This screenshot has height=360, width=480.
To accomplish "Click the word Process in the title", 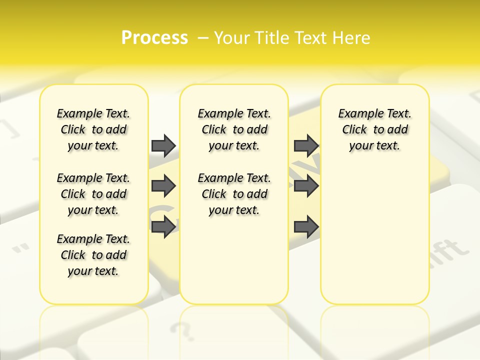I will pos(154,37).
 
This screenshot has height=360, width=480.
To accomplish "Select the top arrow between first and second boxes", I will pos(163,145).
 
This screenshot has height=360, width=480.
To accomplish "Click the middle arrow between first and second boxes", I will pos(163,186).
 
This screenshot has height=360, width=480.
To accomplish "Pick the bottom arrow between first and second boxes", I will pos(163,227).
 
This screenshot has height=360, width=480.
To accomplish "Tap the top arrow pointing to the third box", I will pos(306,145).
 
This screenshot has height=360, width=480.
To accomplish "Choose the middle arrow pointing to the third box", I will pos(306,186).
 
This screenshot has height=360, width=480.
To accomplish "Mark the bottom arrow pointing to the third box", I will pos(306,227).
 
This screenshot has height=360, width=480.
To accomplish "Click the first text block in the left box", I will pos(93,129).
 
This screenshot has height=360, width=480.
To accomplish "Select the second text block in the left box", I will pos(93,194).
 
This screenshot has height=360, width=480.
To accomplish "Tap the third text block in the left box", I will pos(93,255).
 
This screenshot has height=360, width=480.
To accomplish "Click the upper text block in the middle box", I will pos(234,129).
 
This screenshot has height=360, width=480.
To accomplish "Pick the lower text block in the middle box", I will pos(234,194).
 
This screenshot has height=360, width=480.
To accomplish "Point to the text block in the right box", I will pos(374,129).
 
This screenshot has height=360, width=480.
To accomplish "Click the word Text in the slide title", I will pos(312,38).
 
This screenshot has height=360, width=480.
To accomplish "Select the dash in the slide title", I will pos(203,38).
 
